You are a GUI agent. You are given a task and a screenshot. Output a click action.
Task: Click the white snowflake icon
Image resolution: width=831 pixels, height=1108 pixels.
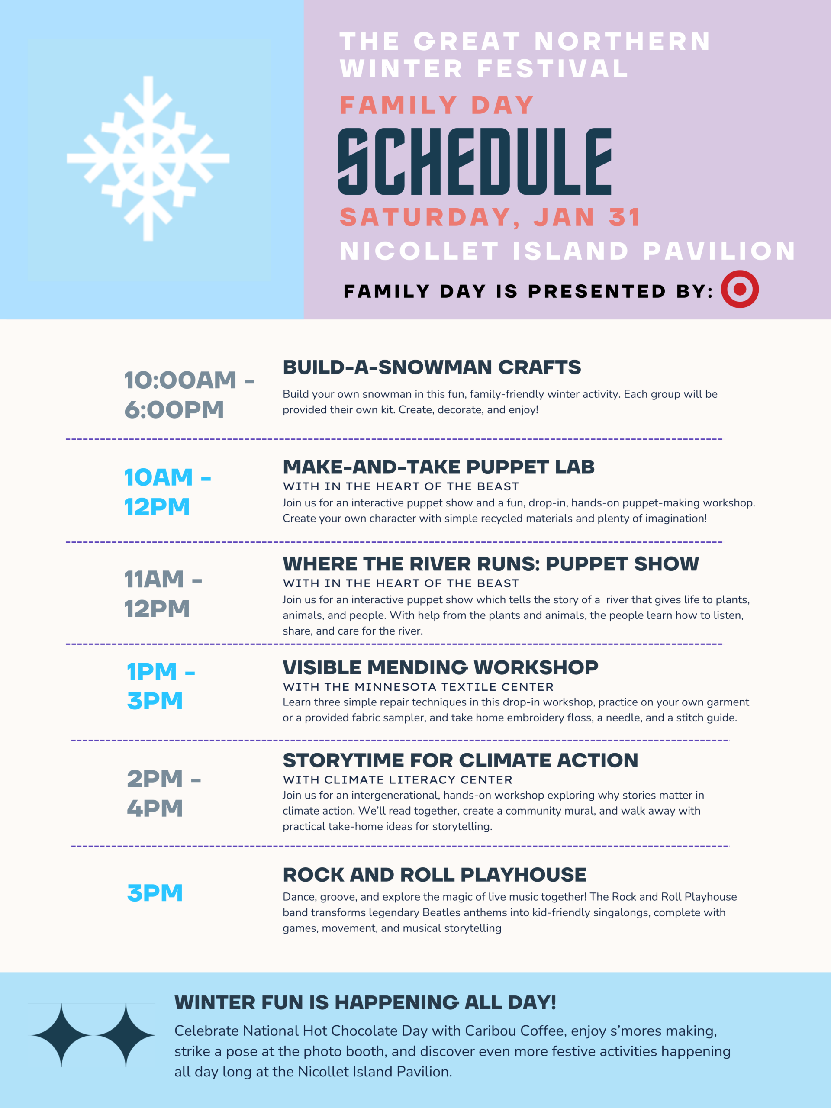coord(148,158)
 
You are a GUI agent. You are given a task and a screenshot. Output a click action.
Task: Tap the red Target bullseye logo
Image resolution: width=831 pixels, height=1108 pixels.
coord(740,289)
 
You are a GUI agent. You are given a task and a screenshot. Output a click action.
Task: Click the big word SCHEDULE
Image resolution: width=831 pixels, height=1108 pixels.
coord(475,161)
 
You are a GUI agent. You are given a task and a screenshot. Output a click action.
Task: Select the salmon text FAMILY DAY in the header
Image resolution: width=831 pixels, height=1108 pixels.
coord(437,105)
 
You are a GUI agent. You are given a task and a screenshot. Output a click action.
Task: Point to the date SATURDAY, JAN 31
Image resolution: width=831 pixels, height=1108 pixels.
coord(490,217)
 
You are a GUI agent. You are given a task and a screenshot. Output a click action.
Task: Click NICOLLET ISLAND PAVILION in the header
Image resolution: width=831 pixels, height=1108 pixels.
coord(567,251)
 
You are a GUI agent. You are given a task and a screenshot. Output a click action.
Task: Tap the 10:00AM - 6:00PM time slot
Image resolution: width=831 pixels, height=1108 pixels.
coord(189,395)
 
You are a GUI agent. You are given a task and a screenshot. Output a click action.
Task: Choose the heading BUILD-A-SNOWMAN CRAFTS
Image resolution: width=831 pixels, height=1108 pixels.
coord(432,367)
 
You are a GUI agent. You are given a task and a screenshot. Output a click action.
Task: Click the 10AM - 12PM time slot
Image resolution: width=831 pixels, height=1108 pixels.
coord(167,492)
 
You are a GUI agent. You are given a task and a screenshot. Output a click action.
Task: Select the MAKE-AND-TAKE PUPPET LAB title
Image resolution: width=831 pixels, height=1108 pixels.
coord(439,467)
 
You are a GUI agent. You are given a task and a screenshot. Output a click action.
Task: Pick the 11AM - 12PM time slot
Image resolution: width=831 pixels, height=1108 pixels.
coord(163,594)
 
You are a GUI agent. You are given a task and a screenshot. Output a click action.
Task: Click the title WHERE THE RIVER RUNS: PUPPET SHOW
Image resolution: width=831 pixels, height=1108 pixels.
coord(491,564)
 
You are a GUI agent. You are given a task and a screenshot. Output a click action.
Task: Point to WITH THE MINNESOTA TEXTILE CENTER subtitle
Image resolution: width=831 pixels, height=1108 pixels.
coord(418,687)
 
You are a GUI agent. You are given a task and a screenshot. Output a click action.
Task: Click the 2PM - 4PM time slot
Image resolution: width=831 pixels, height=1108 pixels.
coord(164,793)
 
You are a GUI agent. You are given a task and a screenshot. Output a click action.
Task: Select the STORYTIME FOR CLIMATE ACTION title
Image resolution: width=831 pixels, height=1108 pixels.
coord(461,760)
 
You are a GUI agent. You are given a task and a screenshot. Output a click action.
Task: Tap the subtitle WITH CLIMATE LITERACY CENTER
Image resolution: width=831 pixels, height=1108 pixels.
coord(398,780)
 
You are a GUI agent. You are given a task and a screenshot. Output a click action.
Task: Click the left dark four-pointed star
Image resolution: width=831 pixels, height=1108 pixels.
coord(61,1035)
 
